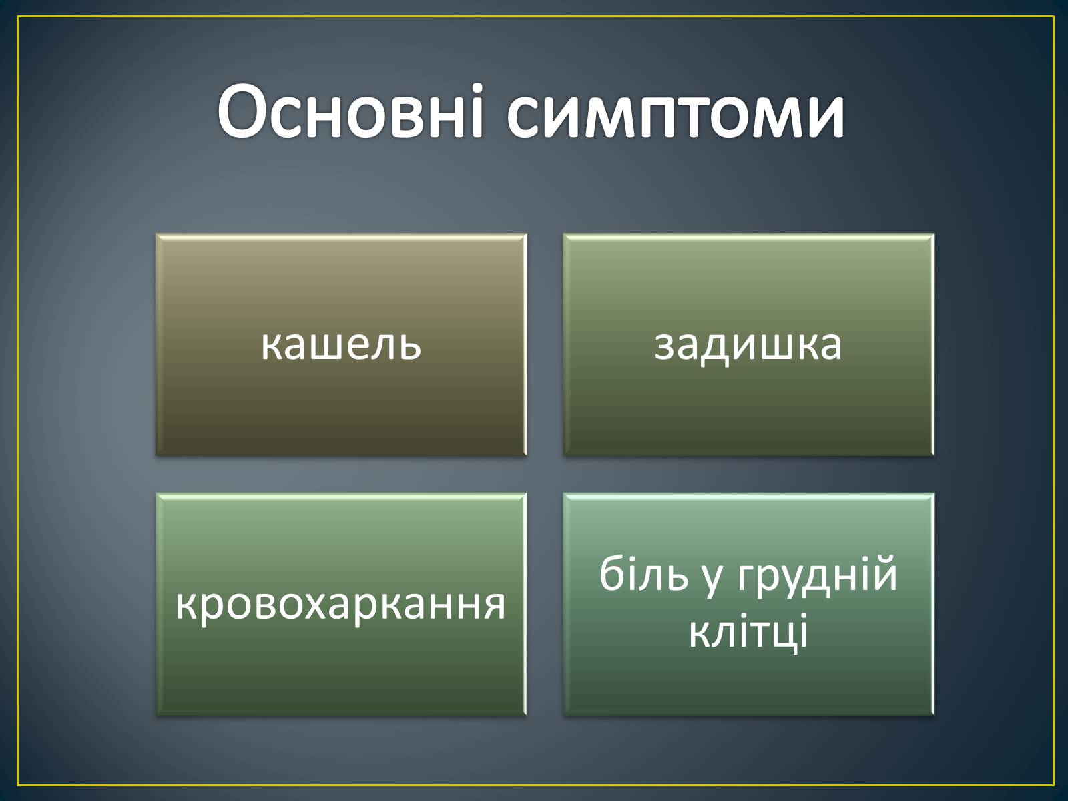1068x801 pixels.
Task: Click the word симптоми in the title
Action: [676, 117]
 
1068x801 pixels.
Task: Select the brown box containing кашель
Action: [341, 345]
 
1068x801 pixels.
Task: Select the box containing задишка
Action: [749, 345]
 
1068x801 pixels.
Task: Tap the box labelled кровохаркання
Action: [341, 604]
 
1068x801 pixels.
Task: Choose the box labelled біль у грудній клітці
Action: [749, 604]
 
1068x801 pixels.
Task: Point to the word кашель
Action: [341, 345]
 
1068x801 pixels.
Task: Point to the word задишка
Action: [748, 347]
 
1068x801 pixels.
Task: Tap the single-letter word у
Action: [712, 581]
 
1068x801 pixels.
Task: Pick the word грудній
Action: [817, 575]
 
